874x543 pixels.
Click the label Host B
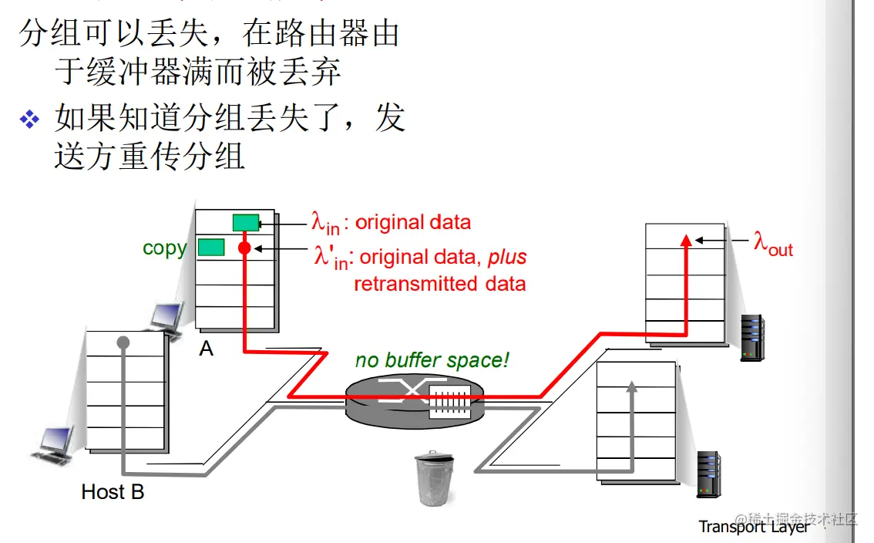113,491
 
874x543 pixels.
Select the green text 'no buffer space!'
432,360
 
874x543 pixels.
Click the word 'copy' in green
164,248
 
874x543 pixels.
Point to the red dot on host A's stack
245,248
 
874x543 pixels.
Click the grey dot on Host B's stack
123,342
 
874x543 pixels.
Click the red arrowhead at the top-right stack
686,240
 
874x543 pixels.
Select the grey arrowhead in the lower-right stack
632,386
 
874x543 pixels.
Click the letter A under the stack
206,349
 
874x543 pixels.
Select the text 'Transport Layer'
753,527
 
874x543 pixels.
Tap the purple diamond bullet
29,119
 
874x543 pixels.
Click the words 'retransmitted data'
439,284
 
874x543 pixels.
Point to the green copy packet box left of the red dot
211,248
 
